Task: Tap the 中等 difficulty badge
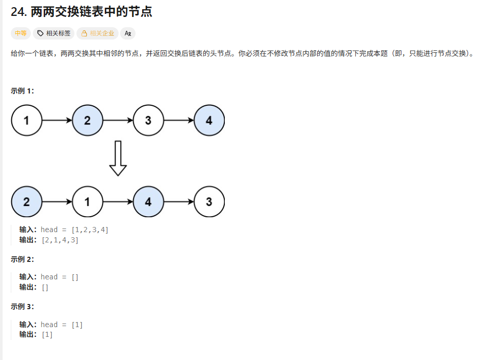(x=21, y=33)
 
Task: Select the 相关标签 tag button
(x=54, y=33)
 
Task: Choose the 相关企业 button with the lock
(x=98, y=33)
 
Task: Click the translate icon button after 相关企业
(x=128, y=33)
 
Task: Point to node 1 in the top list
(x=26, y=121)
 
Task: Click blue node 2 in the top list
(x=87, y=121)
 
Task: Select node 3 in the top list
(x=148, y=121)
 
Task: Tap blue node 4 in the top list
(x=209, y=121)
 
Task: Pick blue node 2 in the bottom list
(x=26, y=202)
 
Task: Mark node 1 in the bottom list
(x=87, y=202)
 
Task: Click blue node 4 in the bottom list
(x=148, y=202)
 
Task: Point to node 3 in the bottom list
(x=209, y=202)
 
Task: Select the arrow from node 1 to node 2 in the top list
(x=56, y=121)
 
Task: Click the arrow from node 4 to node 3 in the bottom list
(x=179, y=202)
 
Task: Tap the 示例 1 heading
(x=23, y=91)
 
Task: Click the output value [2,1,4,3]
(x=60, y=240)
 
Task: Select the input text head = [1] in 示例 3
(x=62, y=325)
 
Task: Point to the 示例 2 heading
(x=23, y=259)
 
